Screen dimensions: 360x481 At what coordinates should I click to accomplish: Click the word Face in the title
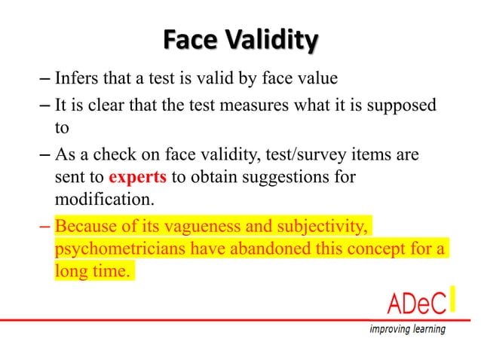tap(187, 38)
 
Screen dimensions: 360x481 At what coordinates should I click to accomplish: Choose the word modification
tap(97, 201)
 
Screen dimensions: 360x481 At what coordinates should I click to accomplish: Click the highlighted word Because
tap(87, 226)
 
